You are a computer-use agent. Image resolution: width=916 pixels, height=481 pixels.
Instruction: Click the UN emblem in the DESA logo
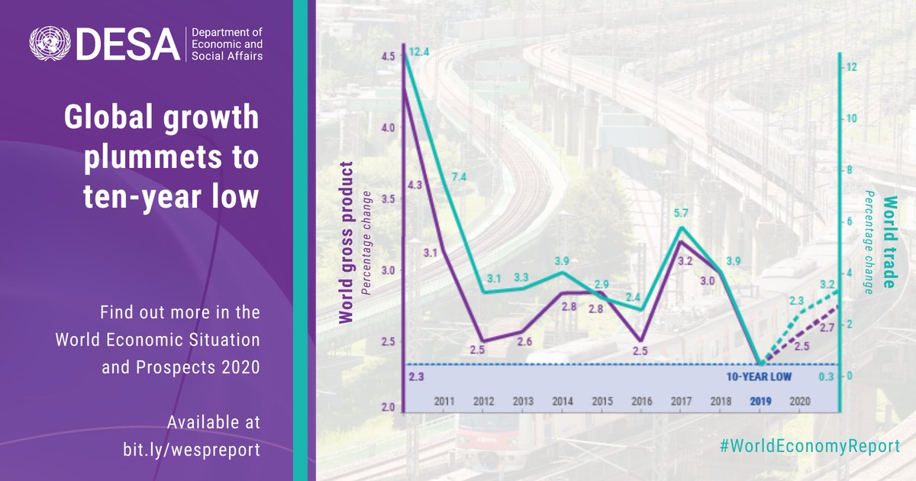(x=47, y=45)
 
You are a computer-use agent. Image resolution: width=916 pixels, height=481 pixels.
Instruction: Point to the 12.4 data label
(x=421, y=52)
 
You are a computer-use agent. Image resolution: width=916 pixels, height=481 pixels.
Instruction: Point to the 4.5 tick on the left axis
(x=388, y=56)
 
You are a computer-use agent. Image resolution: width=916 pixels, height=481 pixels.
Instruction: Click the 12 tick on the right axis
(x=853, y=67)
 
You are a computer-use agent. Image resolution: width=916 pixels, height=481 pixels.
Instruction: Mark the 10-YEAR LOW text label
(x=759, y=377)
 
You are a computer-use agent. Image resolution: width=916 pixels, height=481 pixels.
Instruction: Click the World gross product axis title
(x=347, y=243)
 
